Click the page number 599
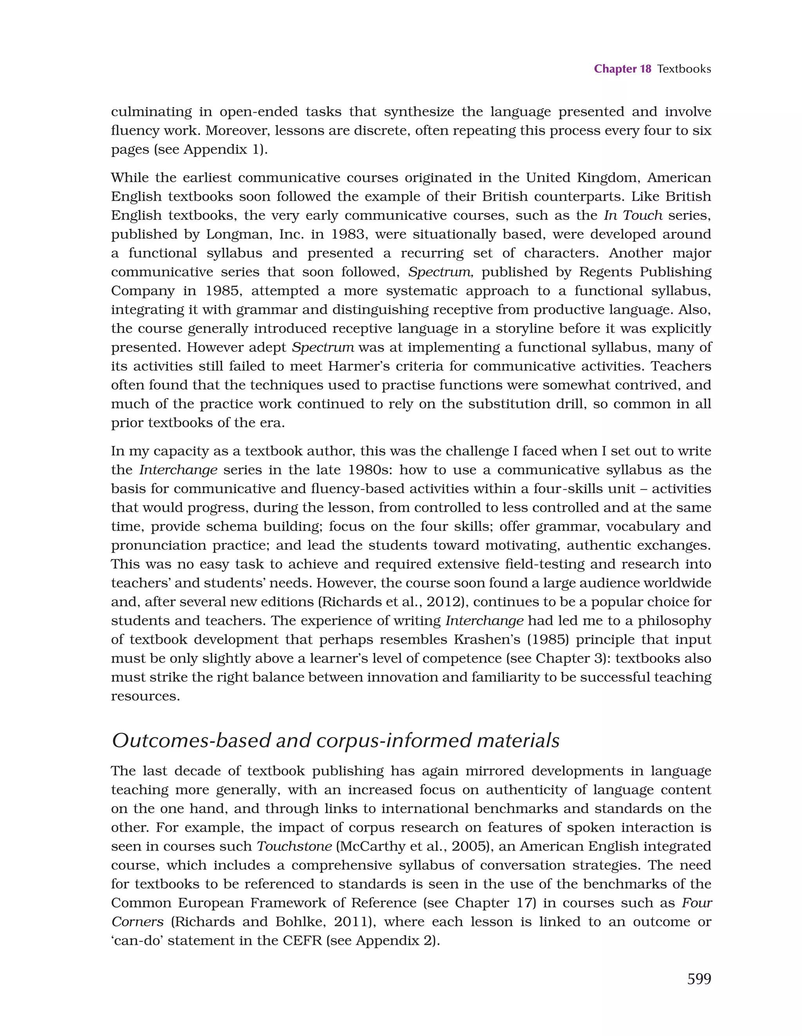(699, 978)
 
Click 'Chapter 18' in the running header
(622, 69)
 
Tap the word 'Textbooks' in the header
(683, 69)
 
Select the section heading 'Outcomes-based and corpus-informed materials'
(335, 740)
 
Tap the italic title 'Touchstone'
(294, 846)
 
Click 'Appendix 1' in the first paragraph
(221, 150)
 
